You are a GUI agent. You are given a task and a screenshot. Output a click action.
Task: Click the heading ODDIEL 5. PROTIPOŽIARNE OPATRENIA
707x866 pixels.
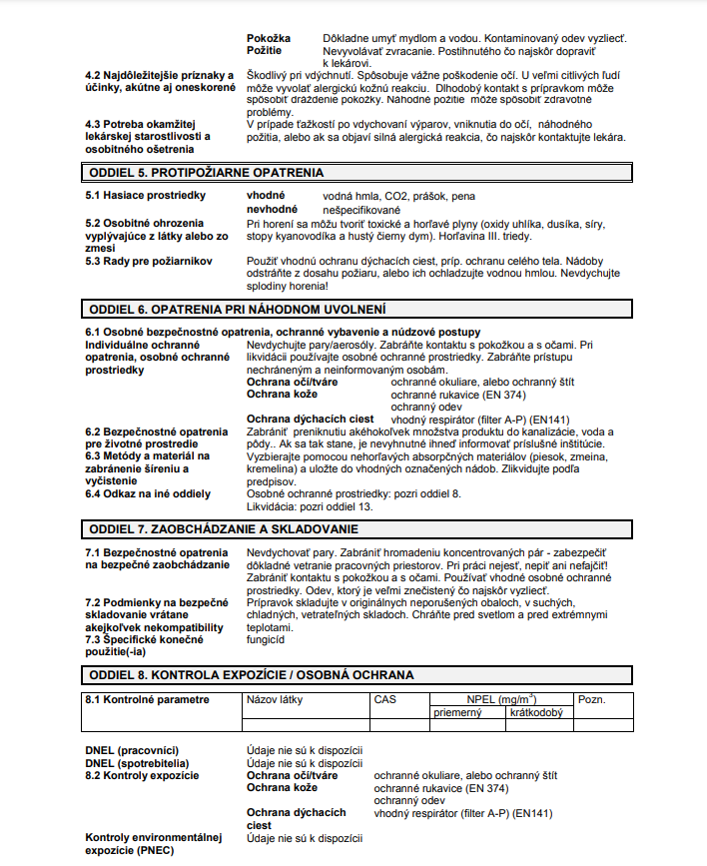tap(206, 173)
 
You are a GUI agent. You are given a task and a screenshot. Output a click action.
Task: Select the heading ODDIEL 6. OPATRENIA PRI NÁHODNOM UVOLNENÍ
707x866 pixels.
tap(238, 309)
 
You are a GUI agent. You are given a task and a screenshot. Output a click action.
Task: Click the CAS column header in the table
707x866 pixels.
tap(384, 699)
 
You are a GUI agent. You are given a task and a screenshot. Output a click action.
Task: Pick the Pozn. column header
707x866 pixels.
tap(592, 699)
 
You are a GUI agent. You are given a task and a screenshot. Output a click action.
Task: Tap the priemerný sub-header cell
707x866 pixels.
tap(458, 712)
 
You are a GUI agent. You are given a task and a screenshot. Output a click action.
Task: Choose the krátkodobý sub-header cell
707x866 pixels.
tap(536, 712)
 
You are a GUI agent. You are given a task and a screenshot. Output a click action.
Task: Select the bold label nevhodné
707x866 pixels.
tap(272, 209)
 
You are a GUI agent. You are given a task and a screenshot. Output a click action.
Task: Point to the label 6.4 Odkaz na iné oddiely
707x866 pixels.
tap(148, 493)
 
